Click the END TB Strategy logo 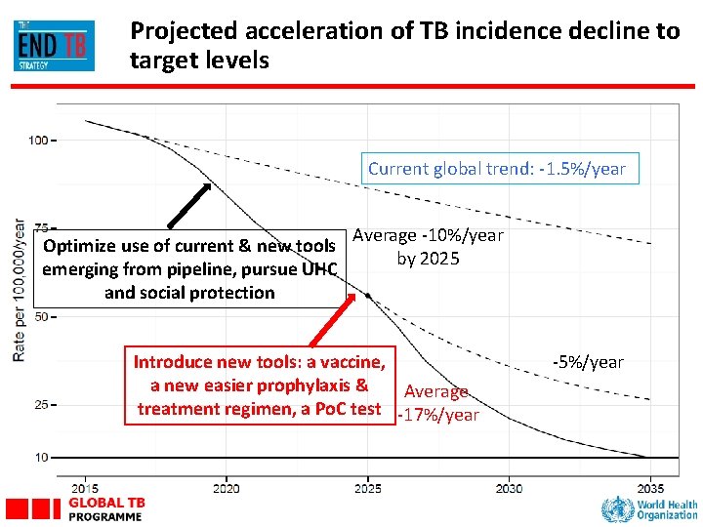55,45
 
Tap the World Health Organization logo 649,508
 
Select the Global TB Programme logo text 106,508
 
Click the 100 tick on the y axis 38,141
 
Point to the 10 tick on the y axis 41,457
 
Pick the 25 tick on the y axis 40,404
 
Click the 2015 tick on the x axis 85,487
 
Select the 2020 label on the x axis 226,487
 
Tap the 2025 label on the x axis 368,487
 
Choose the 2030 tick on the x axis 509,487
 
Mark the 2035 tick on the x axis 650,487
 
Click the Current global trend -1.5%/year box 496,168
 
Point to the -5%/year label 588,362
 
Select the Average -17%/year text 436,403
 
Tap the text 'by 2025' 428,259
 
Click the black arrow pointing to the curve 187,206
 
